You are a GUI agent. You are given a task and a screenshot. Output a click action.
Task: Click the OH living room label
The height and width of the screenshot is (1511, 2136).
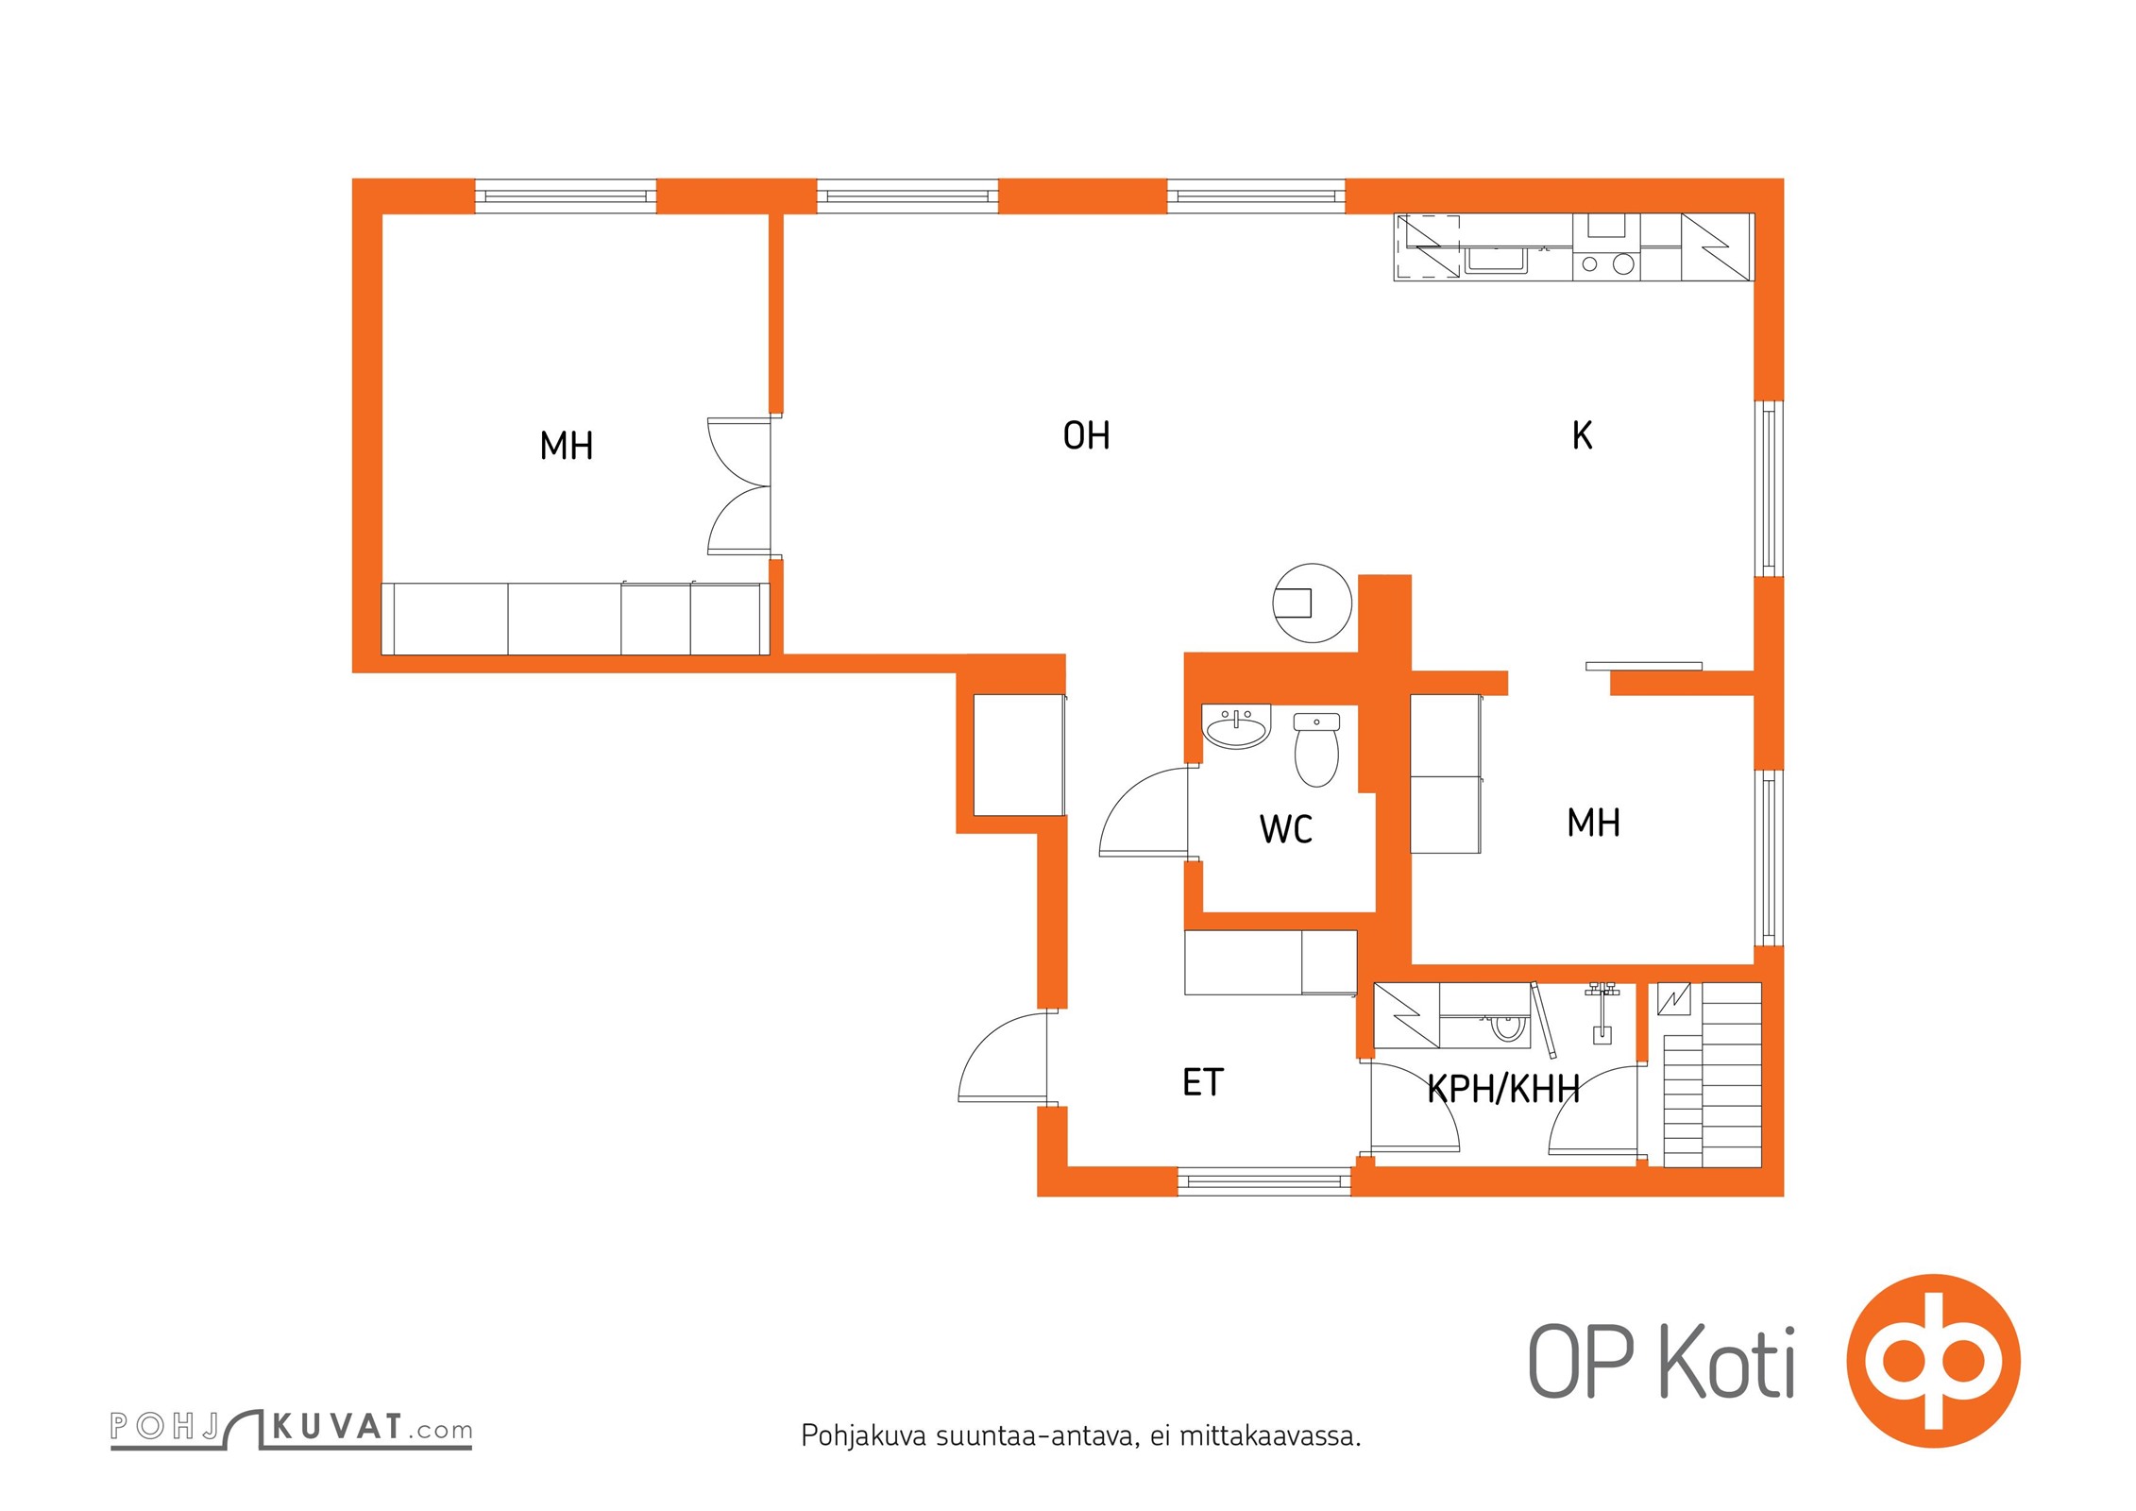(1086, 435)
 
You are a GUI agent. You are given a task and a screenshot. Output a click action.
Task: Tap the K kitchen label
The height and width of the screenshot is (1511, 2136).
(1582, 435)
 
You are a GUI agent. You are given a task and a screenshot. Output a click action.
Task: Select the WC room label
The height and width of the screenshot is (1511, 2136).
(1285, 829)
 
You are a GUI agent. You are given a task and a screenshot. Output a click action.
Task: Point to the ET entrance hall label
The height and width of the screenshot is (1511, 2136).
(1202, 1082)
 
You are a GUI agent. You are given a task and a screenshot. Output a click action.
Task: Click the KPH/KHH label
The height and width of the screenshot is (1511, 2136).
(1502, 1090)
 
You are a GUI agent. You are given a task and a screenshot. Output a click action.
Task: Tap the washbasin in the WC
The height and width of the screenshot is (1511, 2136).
(1236, 727)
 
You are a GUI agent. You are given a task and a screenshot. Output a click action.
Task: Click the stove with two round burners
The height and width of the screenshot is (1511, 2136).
(1606, 264)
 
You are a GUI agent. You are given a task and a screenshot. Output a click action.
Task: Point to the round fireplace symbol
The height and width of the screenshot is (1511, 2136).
(1312, 603)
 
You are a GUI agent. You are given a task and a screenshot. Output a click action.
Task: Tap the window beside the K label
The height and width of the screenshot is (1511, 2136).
(1769, 488)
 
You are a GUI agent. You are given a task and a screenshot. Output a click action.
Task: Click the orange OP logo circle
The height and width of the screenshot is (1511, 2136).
(1933, 1361)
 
